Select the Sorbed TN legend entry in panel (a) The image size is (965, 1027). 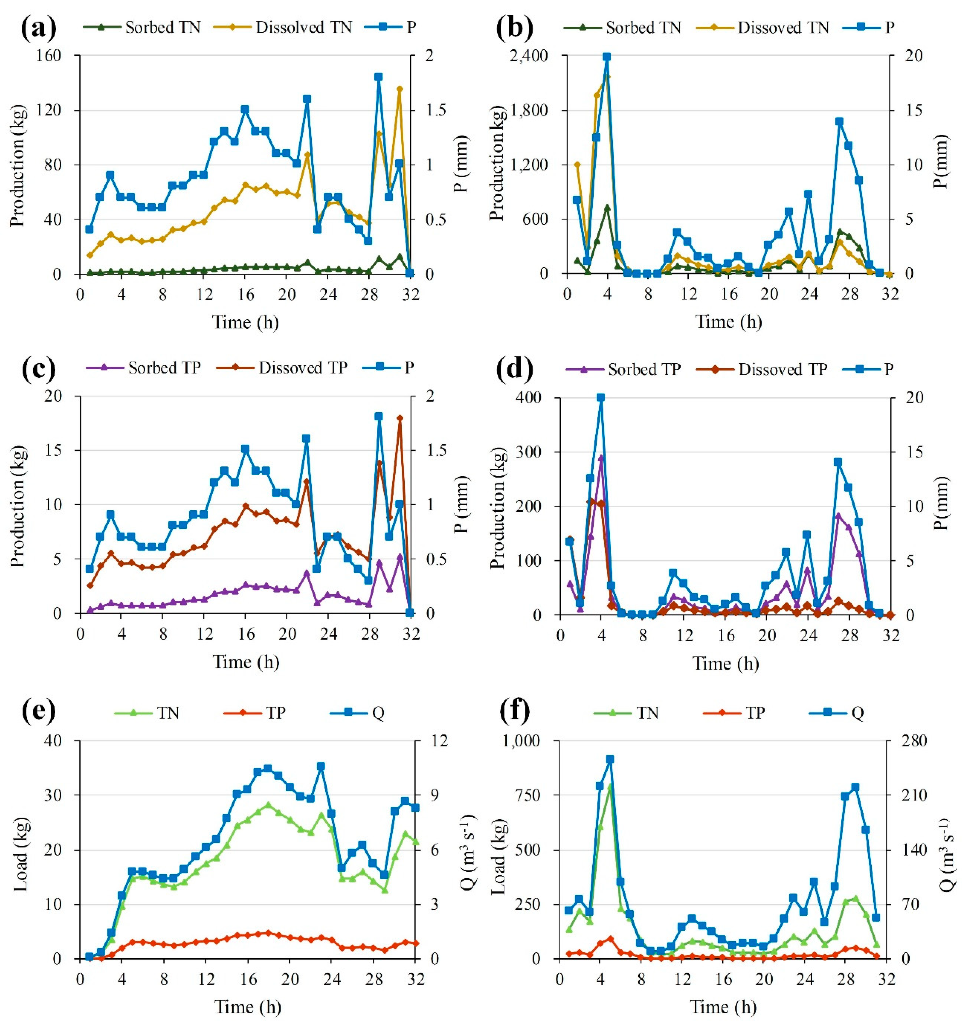click(x=142, y=27)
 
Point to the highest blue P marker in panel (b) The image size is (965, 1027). click(x=607, y=57)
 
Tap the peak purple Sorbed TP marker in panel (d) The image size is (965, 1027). click(x=601, y=458)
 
